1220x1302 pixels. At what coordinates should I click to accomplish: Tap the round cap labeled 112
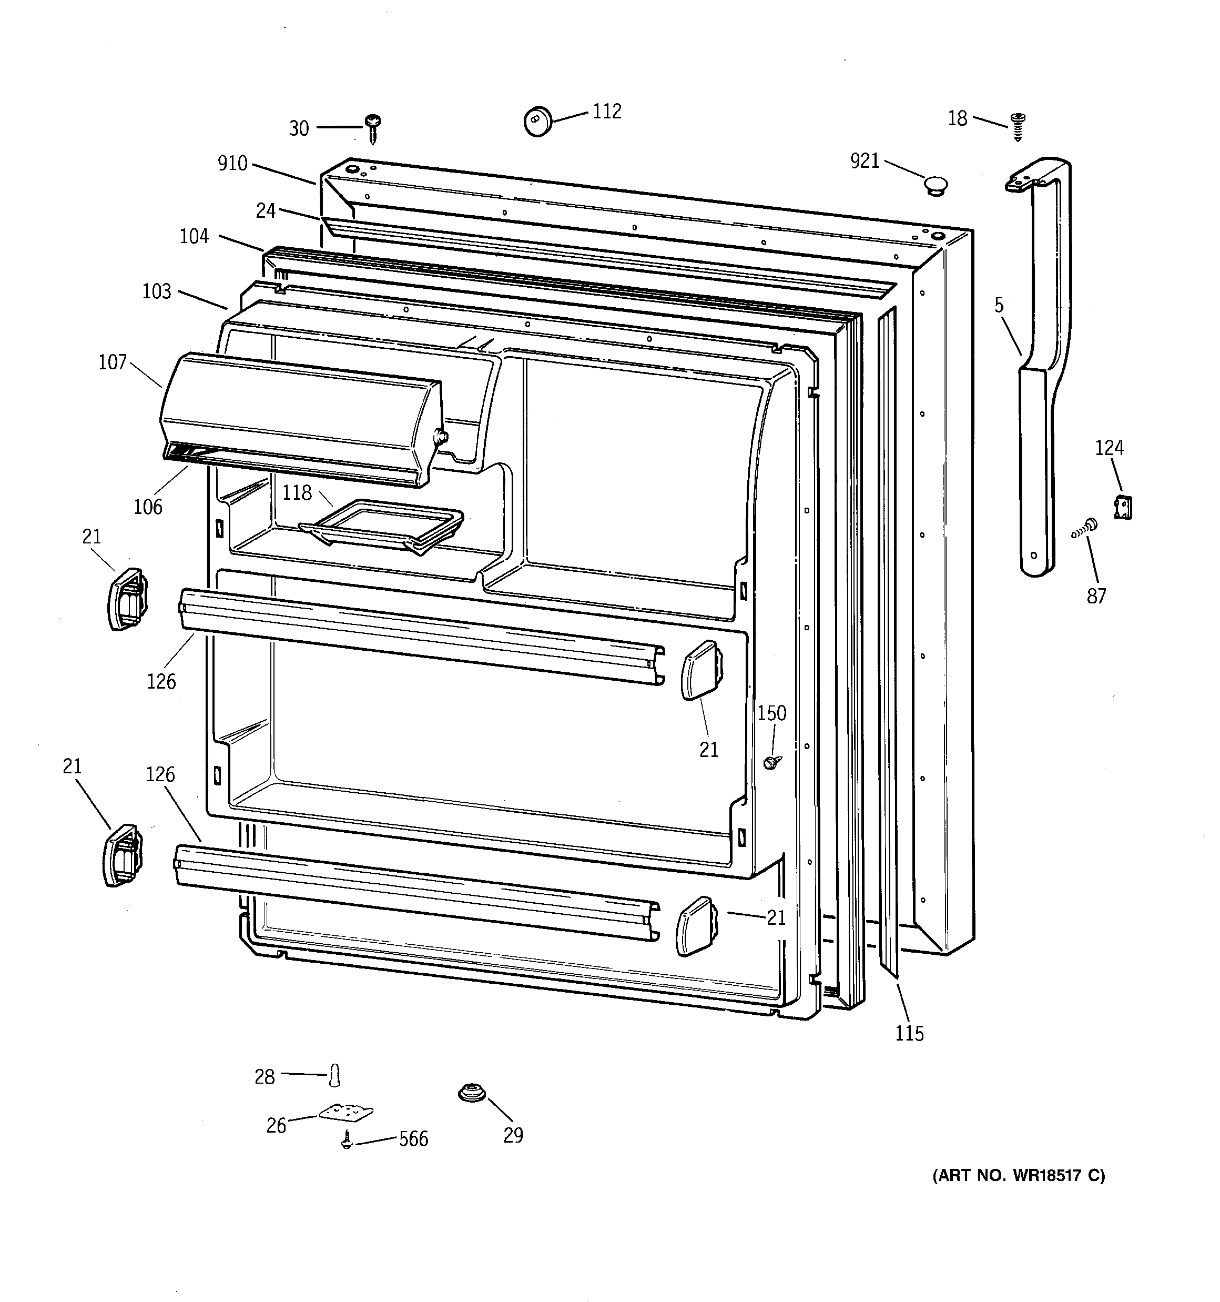point(537,121)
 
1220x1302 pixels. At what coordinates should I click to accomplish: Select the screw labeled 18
point(1018,126)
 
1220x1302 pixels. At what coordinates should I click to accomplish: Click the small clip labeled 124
point(1123,508)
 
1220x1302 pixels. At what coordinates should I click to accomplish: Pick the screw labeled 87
point(1086,527)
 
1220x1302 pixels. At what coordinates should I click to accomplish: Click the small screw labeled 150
point(772,762)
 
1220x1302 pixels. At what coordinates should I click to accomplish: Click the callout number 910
point(232,163)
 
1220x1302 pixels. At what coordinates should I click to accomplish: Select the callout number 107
point(113,362)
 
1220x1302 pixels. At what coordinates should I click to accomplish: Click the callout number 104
point(195,236)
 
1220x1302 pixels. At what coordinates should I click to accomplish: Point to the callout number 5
point(999,305)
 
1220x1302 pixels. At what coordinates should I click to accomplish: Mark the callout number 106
point(148,506)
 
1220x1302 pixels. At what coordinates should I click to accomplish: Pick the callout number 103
point(157,291)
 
